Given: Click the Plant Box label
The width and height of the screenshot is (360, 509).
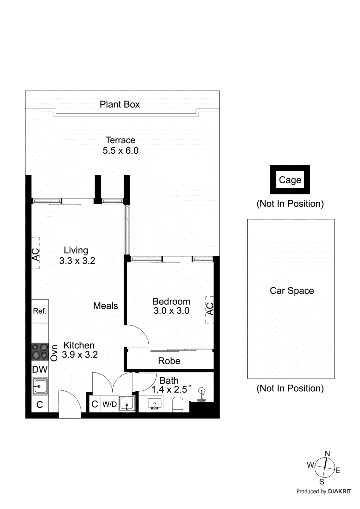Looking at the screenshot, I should [x=120, y=104].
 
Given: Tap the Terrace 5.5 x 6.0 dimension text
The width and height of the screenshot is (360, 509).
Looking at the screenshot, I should [x=120, y=150].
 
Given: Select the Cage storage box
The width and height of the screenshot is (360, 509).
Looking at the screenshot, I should [x=290, y=180].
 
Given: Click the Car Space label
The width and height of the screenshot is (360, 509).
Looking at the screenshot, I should [x=292, y=291].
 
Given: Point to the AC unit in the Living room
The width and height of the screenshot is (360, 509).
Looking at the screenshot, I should [x=35, y=253].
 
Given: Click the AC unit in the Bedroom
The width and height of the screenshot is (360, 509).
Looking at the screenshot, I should [x=209, y=310].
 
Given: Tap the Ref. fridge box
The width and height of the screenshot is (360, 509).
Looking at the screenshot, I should [x=40, y=311].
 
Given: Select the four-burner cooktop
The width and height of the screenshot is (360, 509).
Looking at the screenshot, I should [x=40, y=352].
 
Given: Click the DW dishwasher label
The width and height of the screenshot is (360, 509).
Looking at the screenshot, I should [x=40, y=369].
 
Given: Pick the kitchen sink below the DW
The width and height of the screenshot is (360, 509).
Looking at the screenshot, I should [x=40, y=387].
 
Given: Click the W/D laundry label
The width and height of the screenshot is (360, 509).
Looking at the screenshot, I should [x=109, y=404].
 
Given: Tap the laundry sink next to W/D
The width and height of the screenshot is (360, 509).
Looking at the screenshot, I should [x=127, y=404].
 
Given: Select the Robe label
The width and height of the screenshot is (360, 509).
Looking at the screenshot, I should [x=169, y=361].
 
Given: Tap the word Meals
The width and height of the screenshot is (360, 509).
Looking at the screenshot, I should [x=105, y=306].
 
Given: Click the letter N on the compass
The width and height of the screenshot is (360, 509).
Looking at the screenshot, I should [x=327, y=454].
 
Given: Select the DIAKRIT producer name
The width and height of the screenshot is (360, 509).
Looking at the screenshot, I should [x=339, y=492].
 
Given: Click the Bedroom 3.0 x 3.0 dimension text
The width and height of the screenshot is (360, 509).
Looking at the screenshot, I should [x=171, y=311].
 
